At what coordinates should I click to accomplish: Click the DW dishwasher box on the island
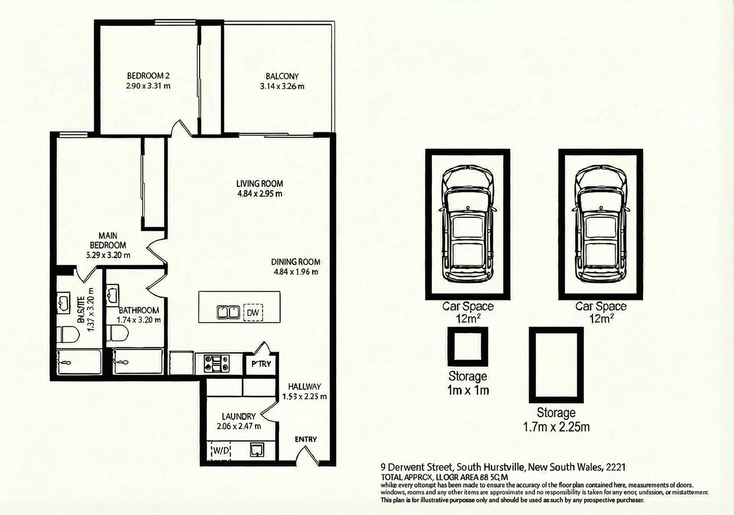[253, 313]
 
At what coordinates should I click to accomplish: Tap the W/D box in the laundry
[221, 450]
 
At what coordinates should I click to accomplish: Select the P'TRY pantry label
[261, 364]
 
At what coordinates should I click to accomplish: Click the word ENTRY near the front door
[306, 439]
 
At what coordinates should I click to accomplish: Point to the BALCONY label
[282, 76]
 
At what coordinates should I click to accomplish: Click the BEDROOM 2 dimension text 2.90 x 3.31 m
[148, 86]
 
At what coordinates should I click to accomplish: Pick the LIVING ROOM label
[260, 184]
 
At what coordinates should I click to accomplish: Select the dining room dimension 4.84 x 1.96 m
[296, 272]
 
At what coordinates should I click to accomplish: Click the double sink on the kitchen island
[228, 312]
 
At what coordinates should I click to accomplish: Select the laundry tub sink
[257, 450]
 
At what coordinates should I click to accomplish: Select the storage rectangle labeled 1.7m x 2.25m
[556, 365]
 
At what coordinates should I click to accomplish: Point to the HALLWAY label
[305, 387]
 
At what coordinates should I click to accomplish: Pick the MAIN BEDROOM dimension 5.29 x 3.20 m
[108, 255]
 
